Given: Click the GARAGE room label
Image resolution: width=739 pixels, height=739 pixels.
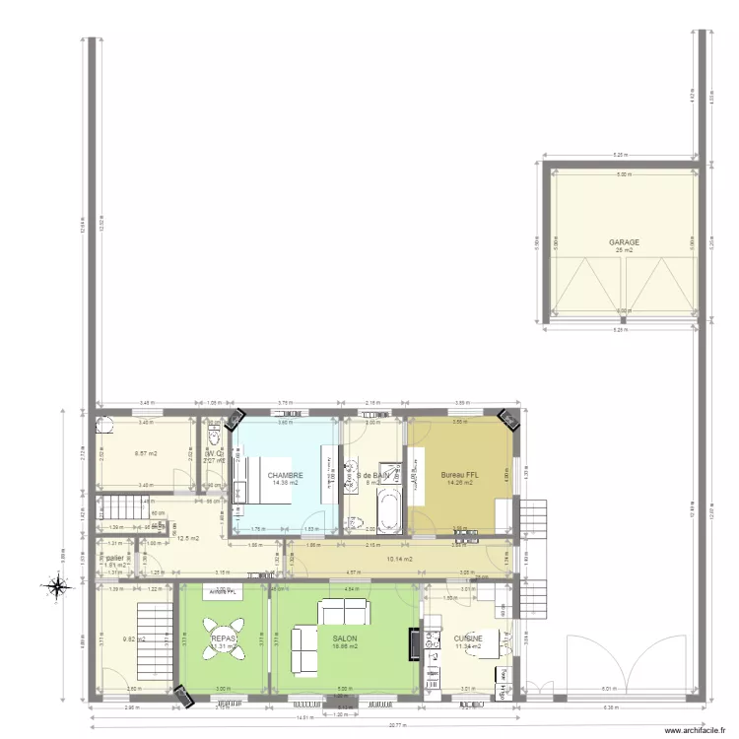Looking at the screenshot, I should tap(624, 241).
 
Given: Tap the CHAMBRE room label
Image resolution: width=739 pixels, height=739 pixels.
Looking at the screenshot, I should tap(285, 475).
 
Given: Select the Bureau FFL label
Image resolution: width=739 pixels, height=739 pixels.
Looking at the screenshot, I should tap(459, 475).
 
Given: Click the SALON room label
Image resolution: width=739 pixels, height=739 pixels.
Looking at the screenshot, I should tap(344, 638).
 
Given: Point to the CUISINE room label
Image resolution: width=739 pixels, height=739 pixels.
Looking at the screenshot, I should tap(468, 638).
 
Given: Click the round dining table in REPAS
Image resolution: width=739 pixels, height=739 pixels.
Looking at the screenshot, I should tap(223, 638).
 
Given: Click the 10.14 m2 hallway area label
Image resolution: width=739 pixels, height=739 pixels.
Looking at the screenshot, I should tap(398, 560).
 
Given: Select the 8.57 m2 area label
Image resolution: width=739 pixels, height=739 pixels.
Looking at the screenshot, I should tap(145, 454).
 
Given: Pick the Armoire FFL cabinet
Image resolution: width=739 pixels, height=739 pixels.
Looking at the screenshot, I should tap(223, 591).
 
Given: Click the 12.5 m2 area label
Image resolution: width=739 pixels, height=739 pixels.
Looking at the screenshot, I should tap(187, 538).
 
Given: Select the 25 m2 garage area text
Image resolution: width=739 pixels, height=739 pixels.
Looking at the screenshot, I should tap(623, 250).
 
